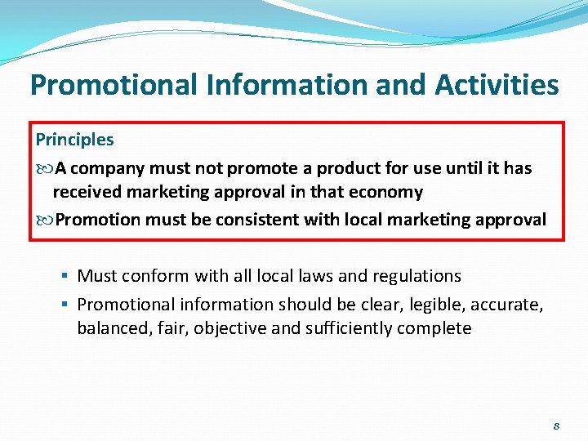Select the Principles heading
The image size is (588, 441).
(74, 140)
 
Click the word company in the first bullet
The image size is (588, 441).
(106, 169)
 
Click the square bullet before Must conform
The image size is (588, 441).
(65, 277)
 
